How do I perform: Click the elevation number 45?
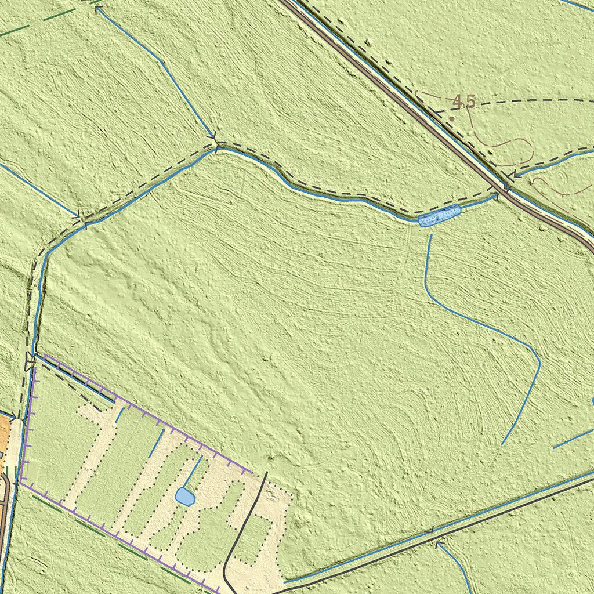pos(464,102)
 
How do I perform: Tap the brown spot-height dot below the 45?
pos(452,118)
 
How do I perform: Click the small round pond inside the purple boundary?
pos(184,497)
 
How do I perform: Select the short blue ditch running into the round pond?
pos(193,473)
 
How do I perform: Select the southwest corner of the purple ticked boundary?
pos(21,483)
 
